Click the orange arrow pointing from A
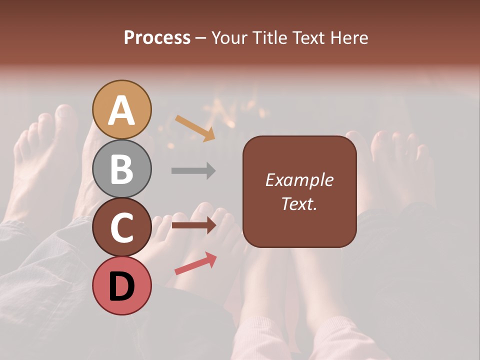[195, 127]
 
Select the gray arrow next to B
[193, 170]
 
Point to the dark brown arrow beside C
[193, 225]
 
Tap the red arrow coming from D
[195, 263]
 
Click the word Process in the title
[157, 37]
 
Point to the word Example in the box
[299, 180]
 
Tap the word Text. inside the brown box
[299, 203]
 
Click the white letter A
[122, 110]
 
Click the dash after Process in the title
[201, 38]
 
